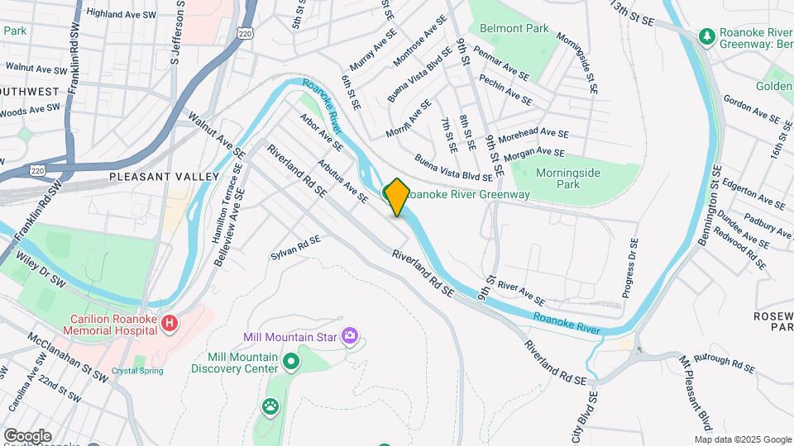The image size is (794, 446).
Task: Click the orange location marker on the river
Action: (x=397, y=197)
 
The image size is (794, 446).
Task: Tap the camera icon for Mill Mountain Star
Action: (x=350, y=335)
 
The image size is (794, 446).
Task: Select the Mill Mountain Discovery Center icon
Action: (x=290, y=361)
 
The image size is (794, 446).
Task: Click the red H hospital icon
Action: (x=170, y=322)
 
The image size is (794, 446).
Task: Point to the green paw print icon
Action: (x=270, y=406)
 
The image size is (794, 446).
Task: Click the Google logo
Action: (x=27, y=435)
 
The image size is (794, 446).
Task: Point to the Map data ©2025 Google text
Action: (x=742, y=439)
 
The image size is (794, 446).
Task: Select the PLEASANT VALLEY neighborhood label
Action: (x=164, y=177)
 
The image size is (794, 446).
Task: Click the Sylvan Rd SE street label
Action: (x=294, y=248)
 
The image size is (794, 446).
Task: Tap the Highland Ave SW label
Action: (x=122, y=13)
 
